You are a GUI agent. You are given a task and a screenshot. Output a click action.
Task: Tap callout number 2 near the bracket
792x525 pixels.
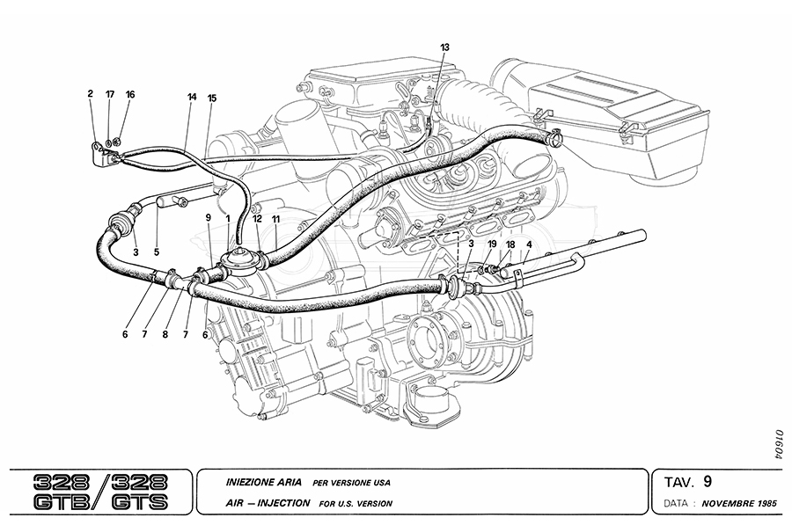[90, 93]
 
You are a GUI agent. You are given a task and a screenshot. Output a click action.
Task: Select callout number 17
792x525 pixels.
[110, 93]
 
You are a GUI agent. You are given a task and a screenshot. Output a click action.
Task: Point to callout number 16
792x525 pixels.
[130, 93]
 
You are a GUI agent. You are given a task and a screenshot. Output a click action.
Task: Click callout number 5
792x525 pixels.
[158, 252]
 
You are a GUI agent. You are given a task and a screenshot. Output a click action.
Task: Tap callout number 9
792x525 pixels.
[208, 217]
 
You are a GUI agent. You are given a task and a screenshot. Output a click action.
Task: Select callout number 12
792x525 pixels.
[257, 217]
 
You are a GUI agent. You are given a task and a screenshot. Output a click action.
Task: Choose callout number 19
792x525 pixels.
[492, 244]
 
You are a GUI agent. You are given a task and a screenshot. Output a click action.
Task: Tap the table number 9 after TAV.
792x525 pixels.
[708, 481]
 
